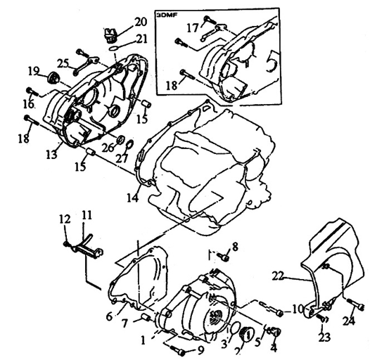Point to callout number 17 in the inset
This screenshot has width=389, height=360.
[x=192, y=27]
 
